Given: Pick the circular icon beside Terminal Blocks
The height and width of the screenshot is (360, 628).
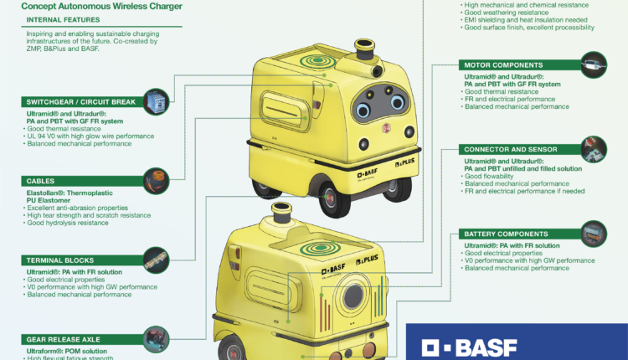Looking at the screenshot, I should click(157, 259).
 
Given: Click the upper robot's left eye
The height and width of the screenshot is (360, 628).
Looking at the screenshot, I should click(365, 111).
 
